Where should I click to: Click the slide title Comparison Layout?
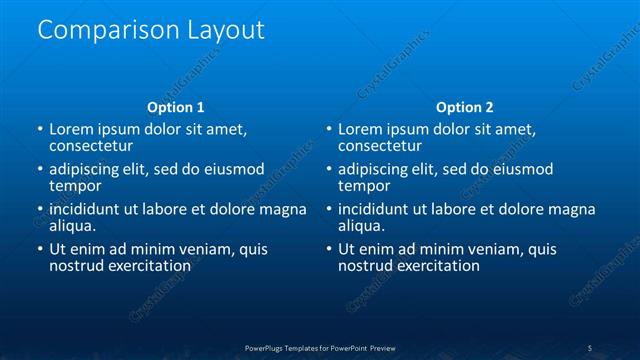[151, 30]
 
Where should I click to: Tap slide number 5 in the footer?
[589, 347]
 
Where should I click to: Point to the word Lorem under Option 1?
[70, 130]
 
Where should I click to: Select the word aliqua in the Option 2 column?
[361, 226]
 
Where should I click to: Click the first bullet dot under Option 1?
[40, 130]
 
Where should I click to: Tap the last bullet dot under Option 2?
[329, 250]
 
